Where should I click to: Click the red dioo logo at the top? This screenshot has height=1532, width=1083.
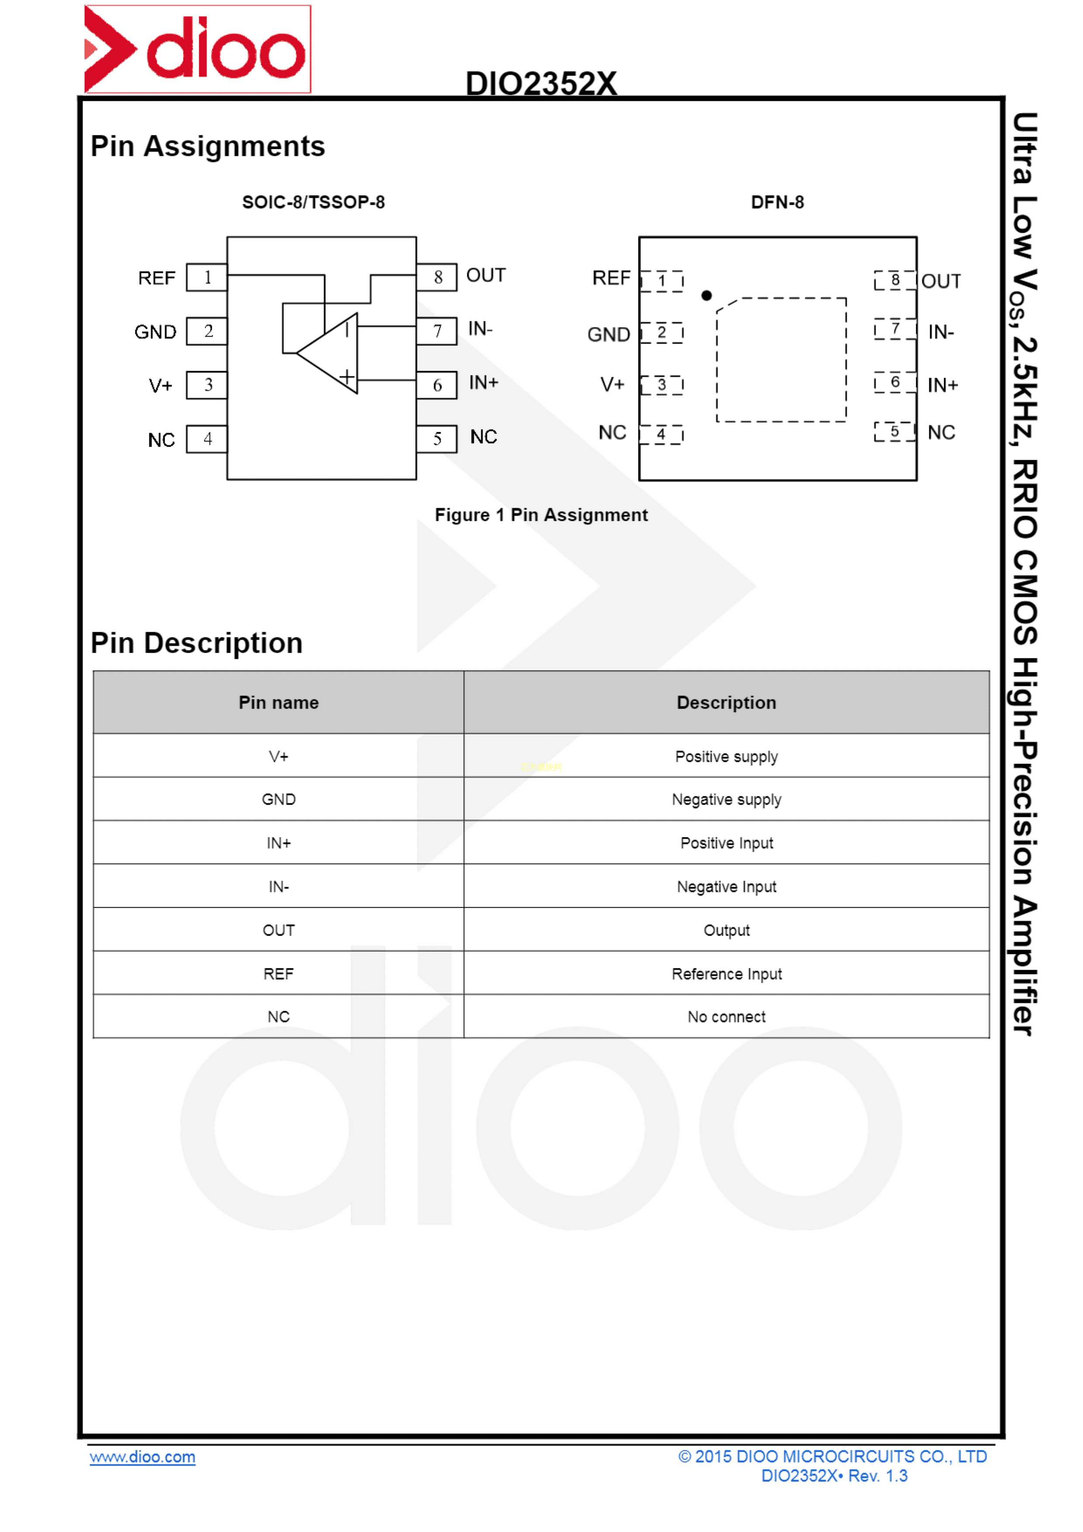coord(197,49)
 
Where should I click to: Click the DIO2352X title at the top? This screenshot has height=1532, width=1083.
coord(541,83)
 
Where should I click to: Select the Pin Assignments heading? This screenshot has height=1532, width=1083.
coord(207,146)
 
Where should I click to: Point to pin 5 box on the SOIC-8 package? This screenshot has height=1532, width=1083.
coord(437,439)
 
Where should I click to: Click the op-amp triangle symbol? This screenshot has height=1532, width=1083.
coord(328,353)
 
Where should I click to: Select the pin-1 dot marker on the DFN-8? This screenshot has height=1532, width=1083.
coord(707,296)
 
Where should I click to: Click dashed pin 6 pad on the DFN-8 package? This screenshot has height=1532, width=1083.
coord(895,382)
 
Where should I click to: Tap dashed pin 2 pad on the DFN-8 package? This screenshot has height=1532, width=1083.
coord(661,332)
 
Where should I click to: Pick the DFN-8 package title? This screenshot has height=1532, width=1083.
coord(777,202)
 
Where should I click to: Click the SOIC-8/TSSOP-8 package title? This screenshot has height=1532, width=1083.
coord(314,202)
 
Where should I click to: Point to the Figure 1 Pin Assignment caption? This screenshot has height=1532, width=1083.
coord(541,515)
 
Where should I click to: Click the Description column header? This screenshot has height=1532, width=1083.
coord(727,702)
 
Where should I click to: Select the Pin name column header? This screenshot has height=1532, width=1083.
coord(279,702)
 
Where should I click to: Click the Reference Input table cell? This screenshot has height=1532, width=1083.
coord(727,974)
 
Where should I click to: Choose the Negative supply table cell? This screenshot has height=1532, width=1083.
coord(727,800)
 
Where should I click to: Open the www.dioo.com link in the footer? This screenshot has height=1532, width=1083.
coord(143,1457)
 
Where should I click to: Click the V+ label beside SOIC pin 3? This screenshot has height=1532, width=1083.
coord(160,386)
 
